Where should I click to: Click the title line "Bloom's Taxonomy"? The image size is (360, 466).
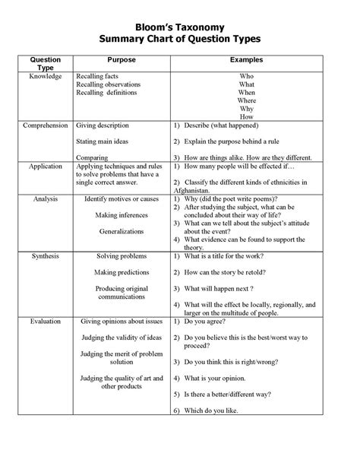pyautogui.click(x=180, y=24)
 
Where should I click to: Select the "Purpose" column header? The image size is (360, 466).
pyautogui.click(x=121, y=59)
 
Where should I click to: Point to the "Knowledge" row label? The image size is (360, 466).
pyautogui.click(x=46, y=77)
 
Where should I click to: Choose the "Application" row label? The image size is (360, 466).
pyautogui.click(x=45, y=165)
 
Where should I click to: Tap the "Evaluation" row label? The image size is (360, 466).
pyautogui.click(x=45, y=322)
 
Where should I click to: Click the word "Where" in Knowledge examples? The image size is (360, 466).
pyautogui.click(x=247, y=101)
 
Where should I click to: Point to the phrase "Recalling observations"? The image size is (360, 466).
pyautogui.click(x=112, y=84)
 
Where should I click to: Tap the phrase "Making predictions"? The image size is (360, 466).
pyautogui.click(x=121, y=272)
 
